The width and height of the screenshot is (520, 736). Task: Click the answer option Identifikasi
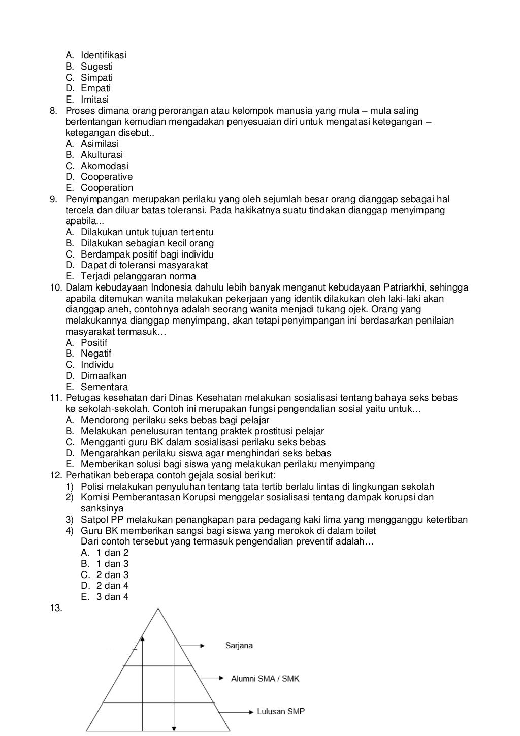103,55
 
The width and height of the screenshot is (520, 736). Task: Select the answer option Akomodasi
104,166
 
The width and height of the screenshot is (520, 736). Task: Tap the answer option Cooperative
106,177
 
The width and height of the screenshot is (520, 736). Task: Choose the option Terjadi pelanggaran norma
138,276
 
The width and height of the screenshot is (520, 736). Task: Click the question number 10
56,287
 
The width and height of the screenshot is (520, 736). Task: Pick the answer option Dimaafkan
104,376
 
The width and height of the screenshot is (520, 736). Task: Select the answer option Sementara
104,387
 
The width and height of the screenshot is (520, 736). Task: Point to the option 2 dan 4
112,586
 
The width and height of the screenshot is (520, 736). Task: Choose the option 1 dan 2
112,553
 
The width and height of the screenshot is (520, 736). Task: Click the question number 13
56,608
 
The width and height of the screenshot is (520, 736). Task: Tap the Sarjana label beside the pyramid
239,646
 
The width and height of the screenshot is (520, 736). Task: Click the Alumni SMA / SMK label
265,679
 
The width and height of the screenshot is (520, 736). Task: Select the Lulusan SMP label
281,712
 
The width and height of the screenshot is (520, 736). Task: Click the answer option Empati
95,88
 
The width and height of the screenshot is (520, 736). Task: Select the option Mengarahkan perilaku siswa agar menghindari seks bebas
206,453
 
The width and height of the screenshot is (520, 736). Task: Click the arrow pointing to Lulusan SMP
238,712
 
